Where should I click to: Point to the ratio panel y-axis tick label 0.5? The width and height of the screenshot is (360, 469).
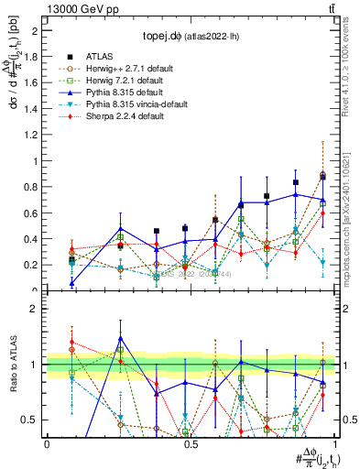click(x=35, y=420)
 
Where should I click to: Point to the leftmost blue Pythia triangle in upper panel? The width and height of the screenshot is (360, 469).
click(x=71, y=283)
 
